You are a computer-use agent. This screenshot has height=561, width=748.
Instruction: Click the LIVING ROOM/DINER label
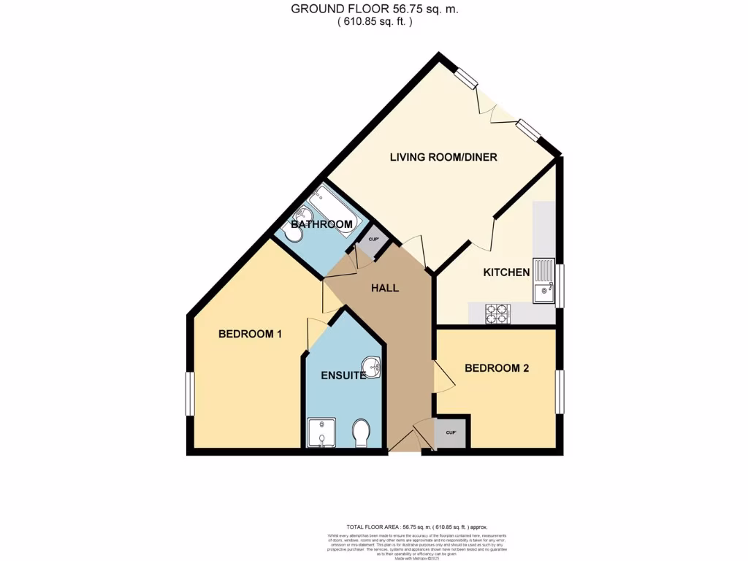[x=443, y=157]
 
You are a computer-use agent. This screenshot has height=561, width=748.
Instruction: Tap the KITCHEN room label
[x=506, y=272]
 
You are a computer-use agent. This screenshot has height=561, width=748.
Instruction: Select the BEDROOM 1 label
[x=251, y=334]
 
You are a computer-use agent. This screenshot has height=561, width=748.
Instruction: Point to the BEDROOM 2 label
[x=497, y=368]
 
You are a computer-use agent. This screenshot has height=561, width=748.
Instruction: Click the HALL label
[x=385, y=288]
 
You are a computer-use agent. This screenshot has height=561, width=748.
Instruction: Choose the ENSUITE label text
[x=343, y=375]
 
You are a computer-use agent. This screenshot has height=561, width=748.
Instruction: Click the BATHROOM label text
[x=321, y=224]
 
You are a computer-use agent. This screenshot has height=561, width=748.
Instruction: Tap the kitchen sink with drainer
[x=543, y=280]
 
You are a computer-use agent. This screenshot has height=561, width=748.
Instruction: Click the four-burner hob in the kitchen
[x=498, y=313]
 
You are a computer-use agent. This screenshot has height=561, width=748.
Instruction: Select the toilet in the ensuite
[x=361, y=434]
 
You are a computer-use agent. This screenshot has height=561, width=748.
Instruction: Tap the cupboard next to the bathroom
[x=373, y=240]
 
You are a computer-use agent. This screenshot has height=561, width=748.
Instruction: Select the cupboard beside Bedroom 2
[x=450, y=432]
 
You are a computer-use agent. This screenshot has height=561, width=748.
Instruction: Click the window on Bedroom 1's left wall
[x=190, y=394]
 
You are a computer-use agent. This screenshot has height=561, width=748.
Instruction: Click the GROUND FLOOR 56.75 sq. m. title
[x=375, y=9]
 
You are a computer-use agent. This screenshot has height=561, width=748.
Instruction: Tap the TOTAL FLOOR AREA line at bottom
[x=416, y=527]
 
